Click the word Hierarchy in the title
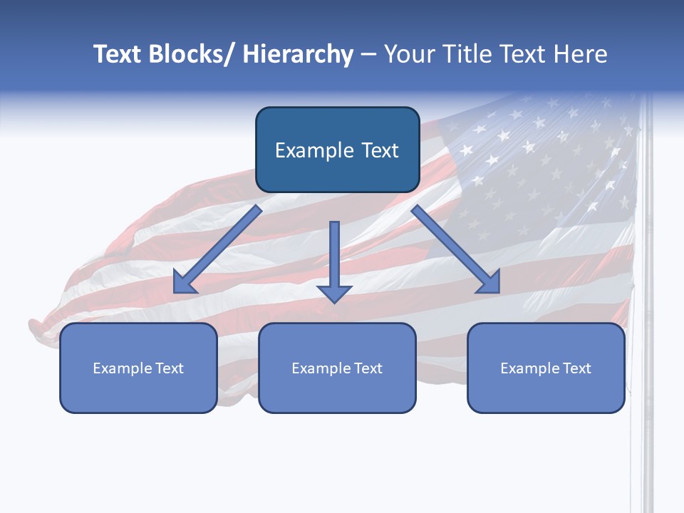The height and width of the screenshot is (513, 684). (x=298, y=55)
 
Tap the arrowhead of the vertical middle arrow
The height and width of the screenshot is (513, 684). (x=334, y=293)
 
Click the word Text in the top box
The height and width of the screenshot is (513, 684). (x=380, y=150)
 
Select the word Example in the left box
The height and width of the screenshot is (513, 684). (x=123, y=368)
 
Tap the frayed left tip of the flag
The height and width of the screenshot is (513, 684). (x=37, y=329)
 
